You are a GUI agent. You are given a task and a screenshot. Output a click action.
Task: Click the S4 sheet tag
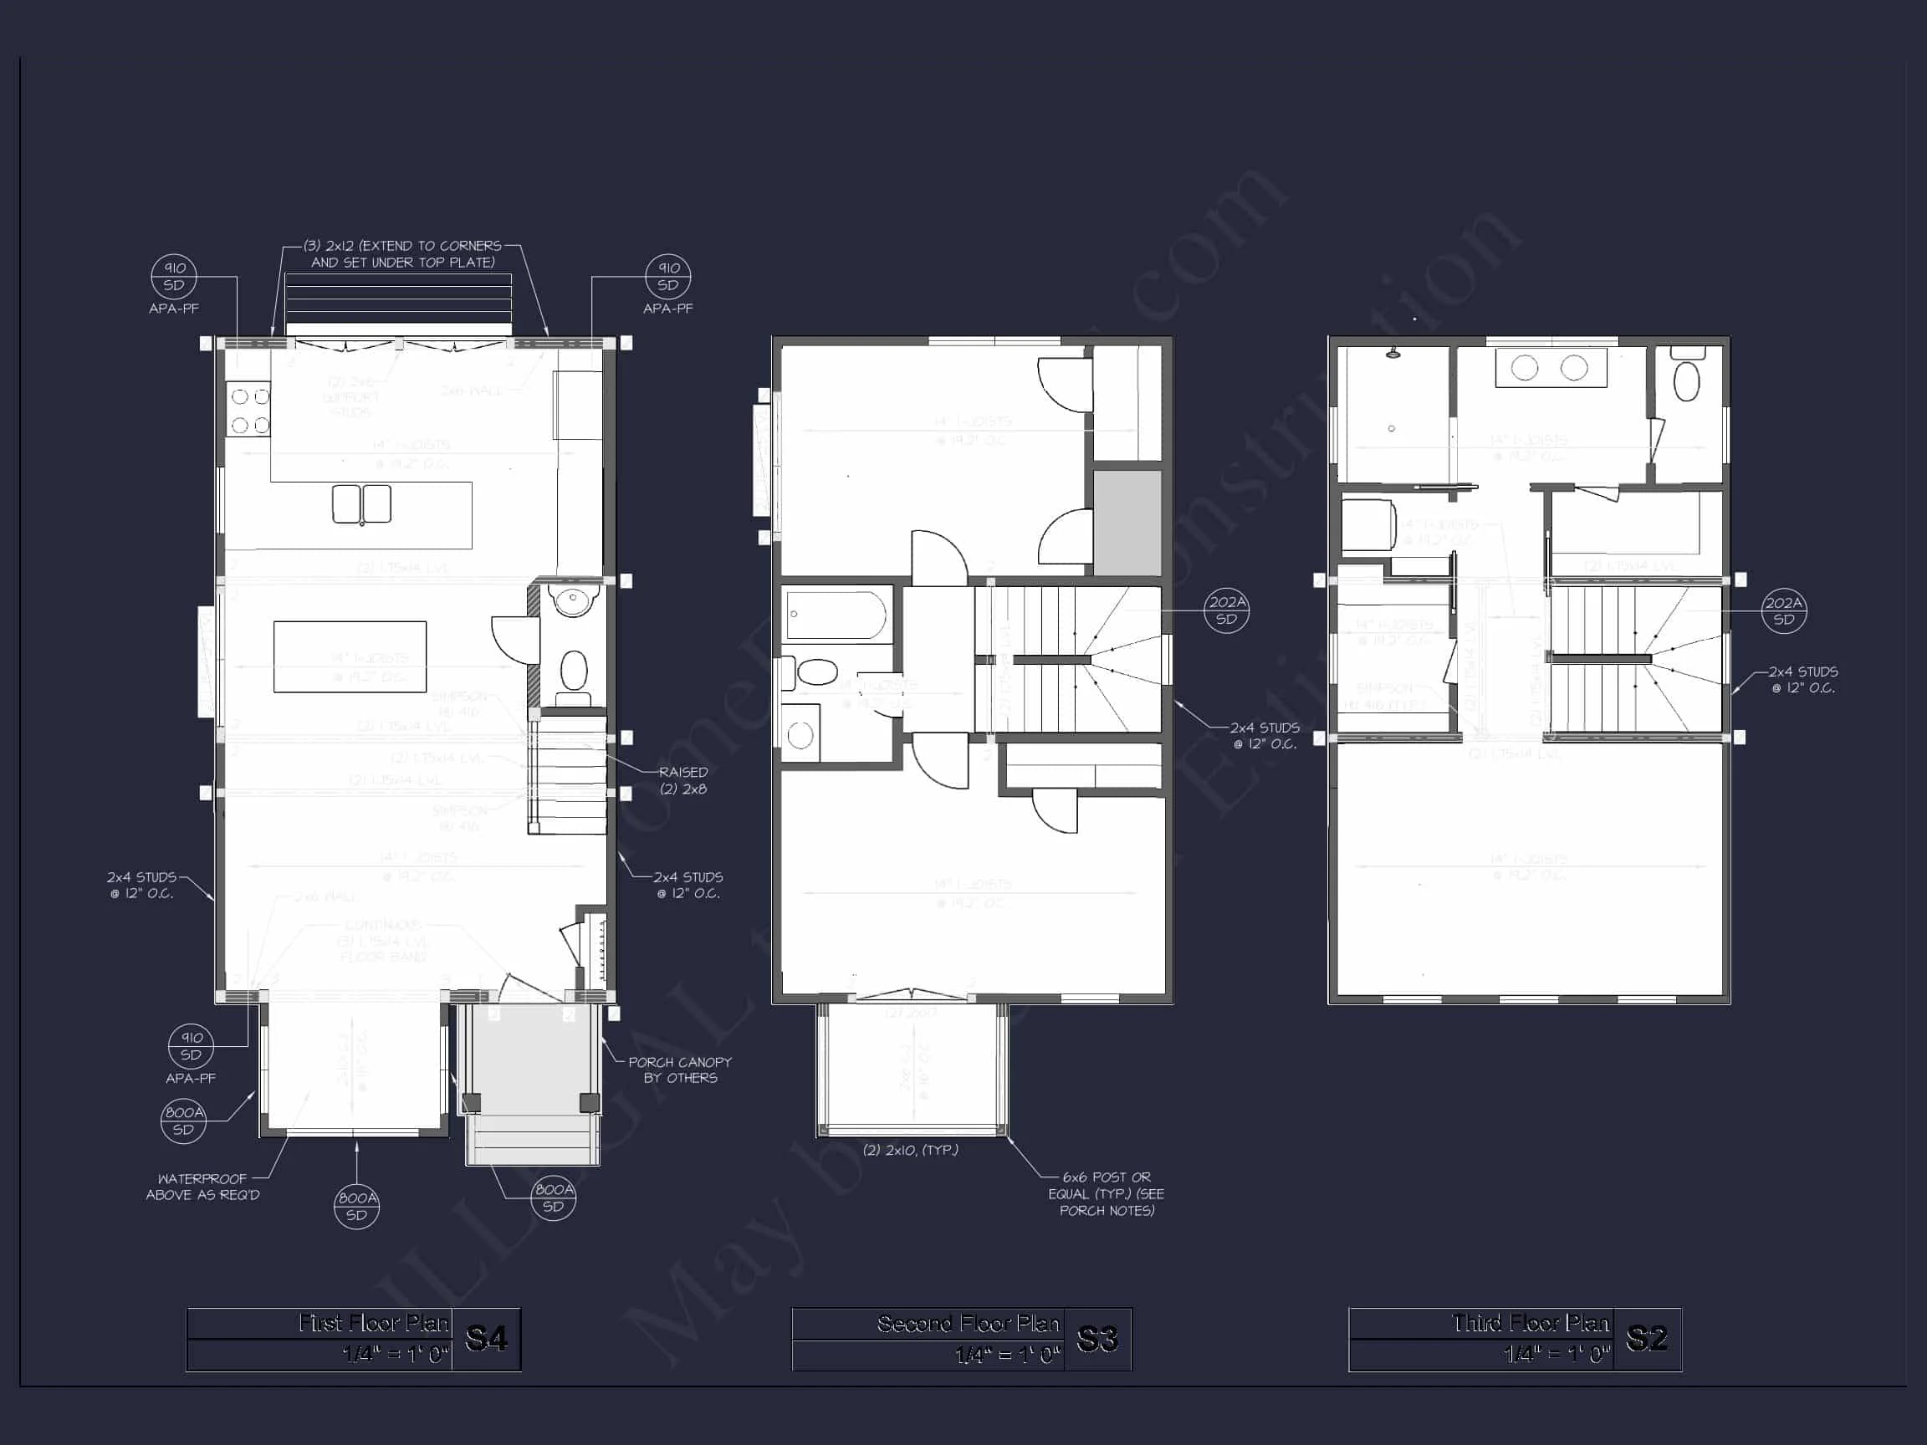(x=486, y=1339)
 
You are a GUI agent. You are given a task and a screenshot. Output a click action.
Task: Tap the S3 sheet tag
(x=1096, y=1339)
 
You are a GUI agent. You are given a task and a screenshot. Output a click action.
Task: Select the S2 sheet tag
(x=1647, y=1339)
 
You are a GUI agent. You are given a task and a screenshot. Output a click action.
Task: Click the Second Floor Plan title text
(x=968, y=1324)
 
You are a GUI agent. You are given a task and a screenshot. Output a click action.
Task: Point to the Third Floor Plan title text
(x=1530, y=1324)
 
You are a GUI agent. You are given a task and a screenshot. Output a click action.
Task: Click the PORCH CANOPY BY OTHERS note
(x=679, y=1070)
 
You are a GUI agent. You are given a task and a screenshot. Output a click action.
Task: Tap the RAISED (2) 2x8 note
(x=683, y=780)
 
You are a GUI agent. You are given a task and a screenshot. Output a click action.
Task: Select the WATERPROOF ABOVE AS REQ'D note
(x=202, y=1187)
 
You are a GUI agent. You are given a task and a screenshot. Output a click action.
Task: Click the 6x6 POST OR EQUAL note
(x=1107, y=1193)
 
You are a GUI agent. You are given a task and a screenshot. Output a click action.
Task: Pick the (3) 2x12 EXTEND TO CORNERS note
(x=402, y=253)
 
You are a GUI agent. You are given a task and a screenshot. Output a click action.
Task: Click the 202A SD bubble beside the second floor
(x=1227, y=610)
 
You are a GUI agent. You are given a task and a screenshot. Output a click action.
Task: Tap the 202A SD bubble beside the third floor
(x=1783, y=610)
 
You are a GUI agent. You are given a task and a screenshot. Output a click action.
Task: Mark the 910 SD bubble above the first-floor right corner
(x=668, y=276)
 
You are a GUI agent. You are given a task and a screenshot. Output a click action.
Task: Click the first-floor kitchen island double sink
(x=361, y=503)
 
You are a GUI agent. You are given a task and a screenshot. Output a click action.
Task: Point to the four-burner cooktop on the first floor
(x=249, y=411)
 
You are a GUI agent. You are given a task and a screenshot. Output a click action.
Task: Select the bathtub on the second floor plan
(x=836, y=615)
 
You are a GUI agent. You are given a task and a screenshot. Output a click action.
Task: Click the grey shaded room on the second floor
(x=1127, y=522)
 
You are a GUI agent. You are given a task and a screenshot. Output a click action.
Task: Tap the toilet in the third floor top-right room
(x=1687, y=380)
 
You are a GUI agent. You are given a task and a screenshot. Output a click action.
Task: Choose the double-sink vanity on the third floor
(x=1550, y=368)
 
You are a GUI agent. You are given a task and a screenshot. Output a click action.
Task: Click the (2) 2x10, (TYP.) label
(x=910, y=1150)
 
